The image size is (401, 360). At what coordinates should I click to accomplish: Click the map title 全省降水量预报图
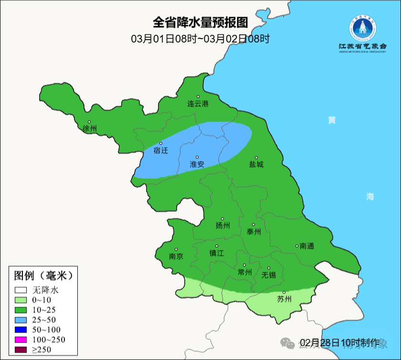(200, 22)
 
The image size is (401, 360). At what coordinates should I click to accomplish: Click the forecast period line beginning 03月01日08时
(200, 39)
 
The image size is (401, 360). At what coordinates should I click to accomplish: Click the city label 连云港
(198, 104)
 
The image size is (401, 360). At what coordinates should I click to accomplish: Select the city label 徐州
(90, 129)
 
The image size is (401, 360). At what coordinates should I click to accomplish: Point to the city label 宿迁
(161, 150)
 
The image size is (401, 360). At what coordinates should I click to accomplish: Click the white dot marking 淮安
(197, 157)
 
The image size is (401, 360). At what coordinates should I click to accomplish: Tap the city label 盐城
(256, 164)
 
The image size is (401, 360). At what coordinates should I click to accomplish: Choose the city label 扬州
(222, 225)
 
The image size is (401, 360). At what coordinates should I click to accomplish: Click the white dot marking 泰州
(253, 224)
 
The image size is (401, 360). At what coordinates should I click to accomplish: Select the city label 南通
(307, 246)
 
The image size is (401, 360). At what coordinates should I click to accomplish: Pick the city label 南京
(176, 256)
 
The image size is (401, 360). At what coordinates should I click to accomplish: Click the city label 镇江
(216, 254)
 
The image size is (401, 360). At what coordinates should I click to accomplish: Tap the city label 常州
(244, 272)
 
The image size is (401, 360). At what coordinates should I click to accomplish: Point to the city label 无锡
(269, 275)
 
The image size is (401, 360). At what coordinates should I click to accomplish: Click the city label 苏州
(284, 299)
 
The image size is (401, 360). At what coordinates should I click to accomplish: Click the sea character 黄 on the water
(331, 120)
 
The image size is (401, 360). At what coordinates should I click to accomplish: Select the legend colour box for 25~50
(21, 319)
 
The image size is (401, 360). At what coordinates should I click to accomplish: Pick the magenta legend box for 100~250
(21, 339)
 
